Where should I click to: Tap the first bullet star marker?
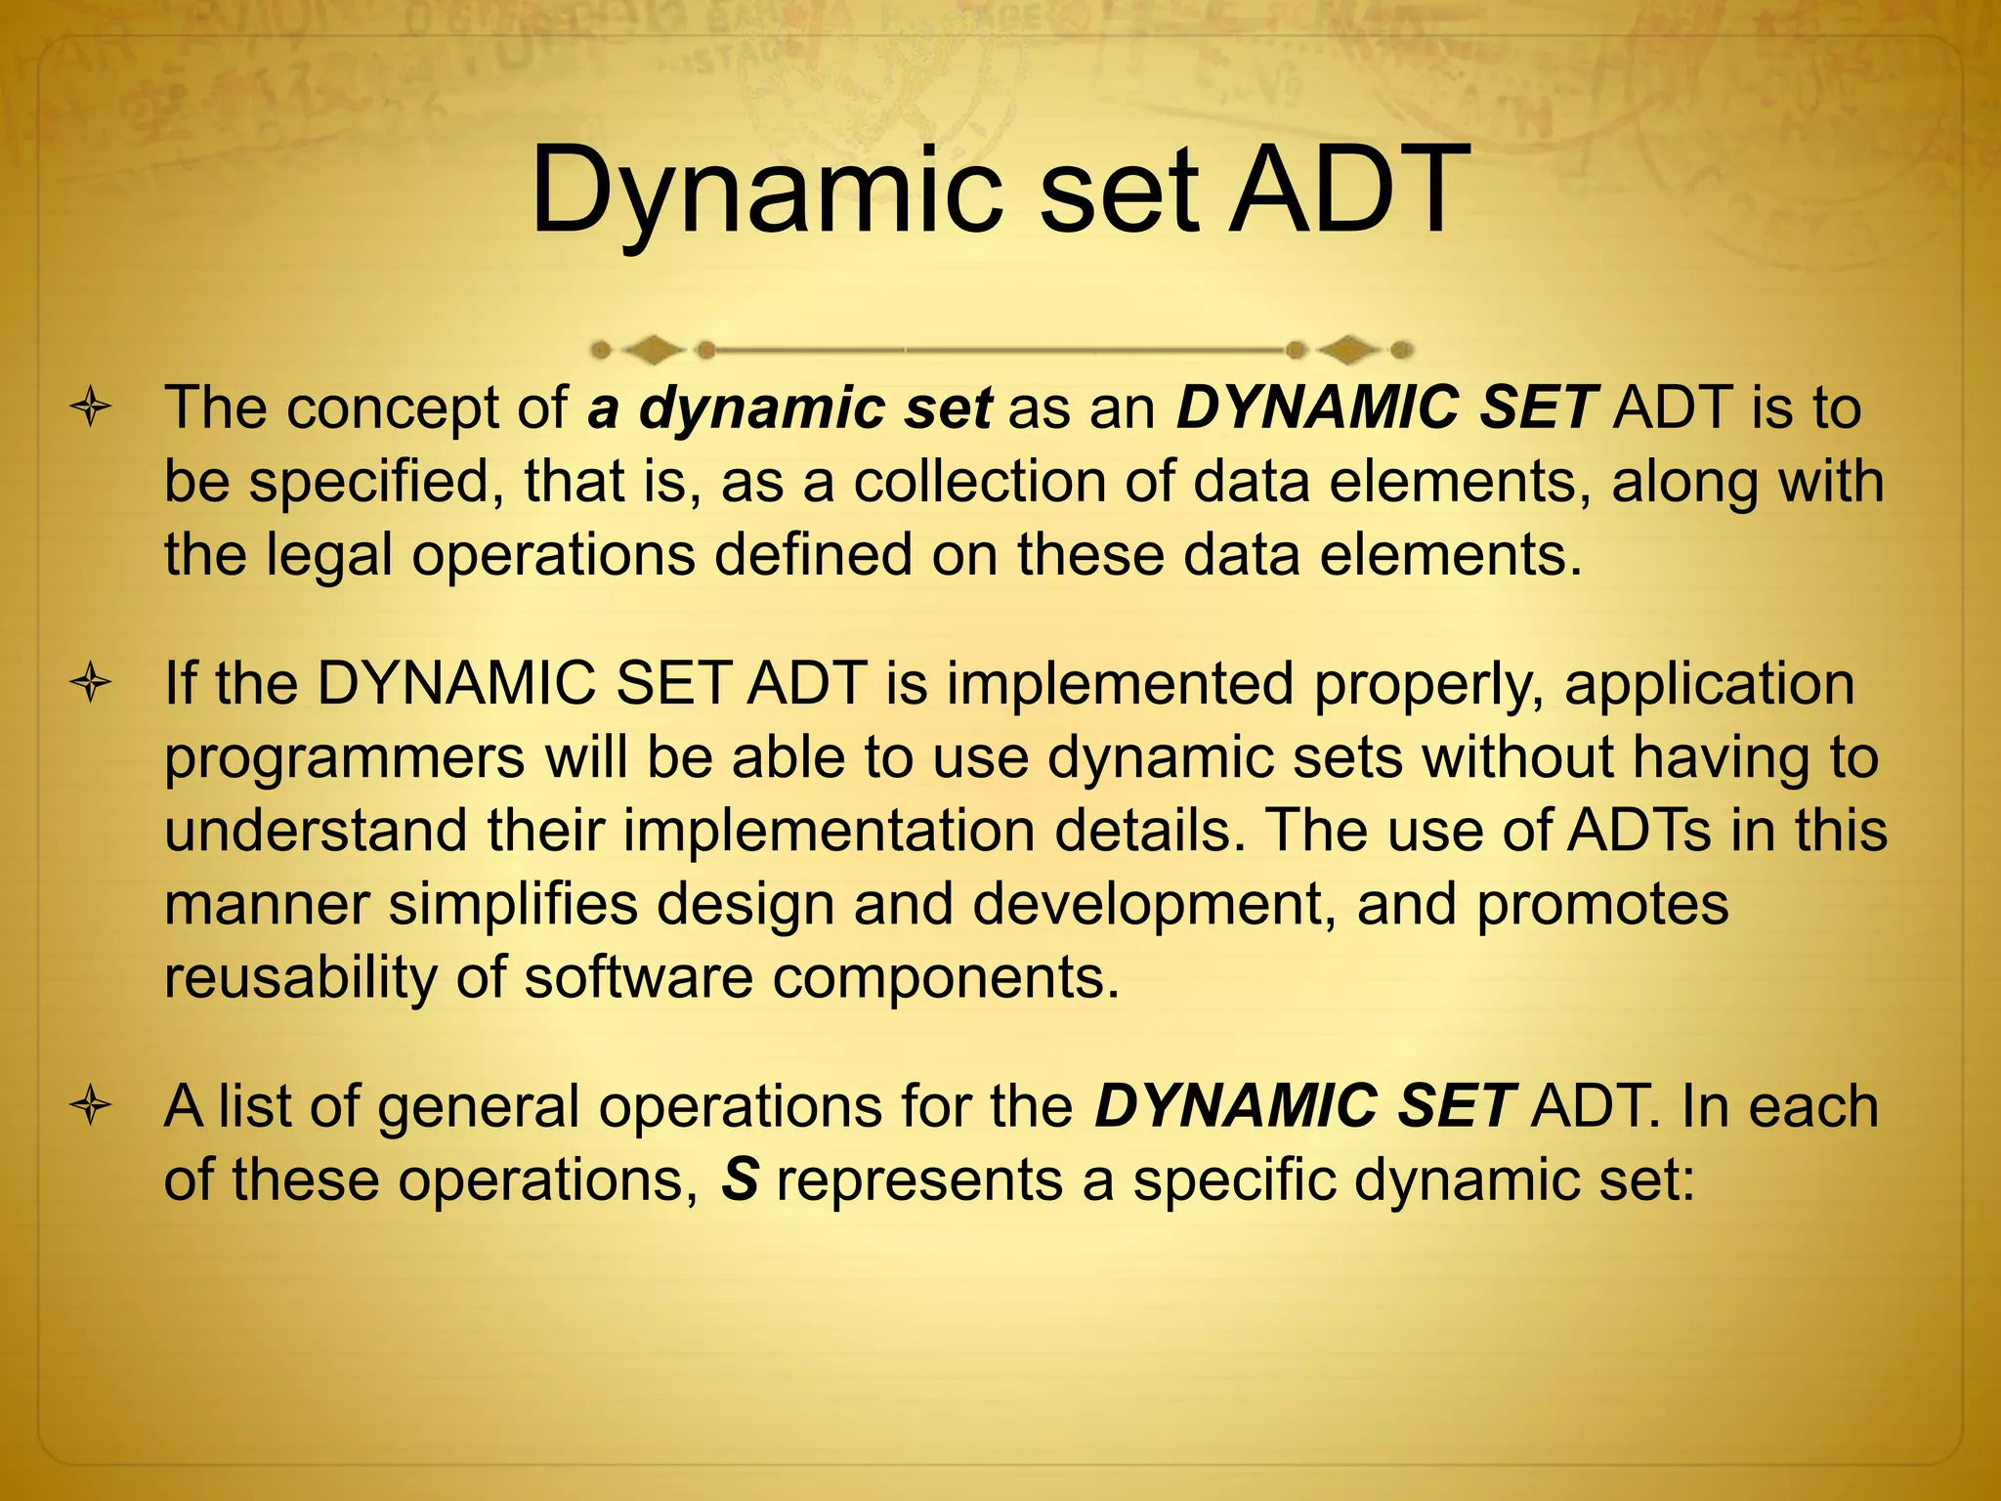pyautogui.click(x=91, y=408)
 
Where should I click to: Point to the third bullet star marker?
pyautogui.click(x=91, y=1108)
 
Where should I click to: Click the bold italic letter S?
pyautogui.click(x=740, y=1180)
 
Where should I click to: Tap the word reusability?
pyautogui.click(x=301, y=977)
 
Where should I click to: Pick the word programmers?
pyautogui.click(x=345, y=758)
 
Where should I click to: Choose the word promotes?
pyautogui.click(x=1602, y=905)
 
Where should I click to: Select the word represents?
pyautogui.click(x=919, y=1180)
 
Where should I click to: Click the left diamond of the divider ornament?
pyautogui.click(x=652, y=349)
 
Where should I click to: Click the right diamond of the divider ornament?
pyautogui.click(x=1349, y=349)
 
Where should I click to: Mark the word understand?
pyautogui.click(x=316, y=831)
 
